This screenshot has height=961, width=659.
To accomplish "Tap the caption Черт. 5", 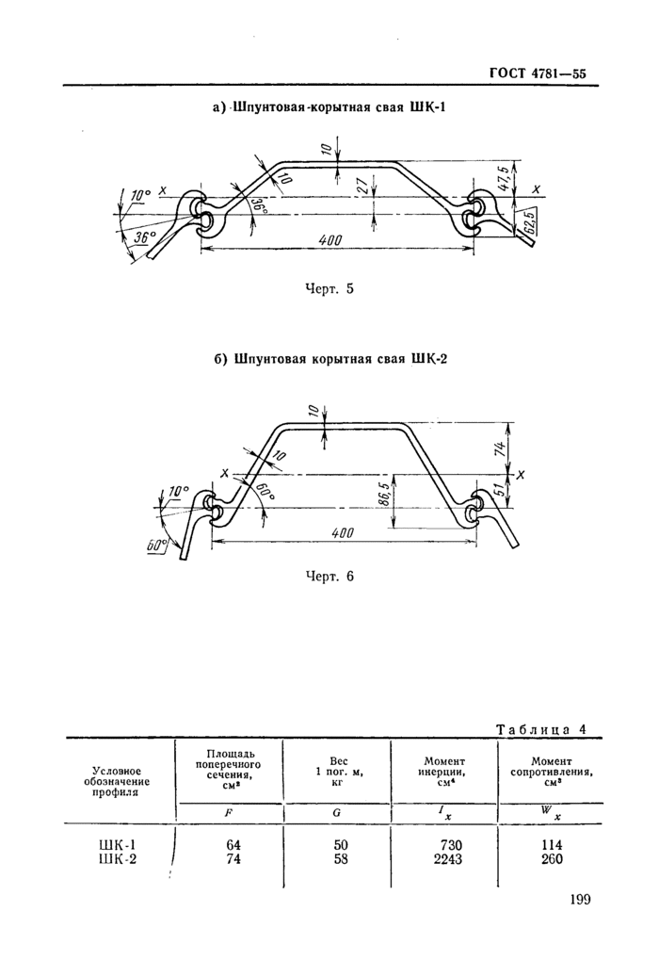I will tap(329, 289).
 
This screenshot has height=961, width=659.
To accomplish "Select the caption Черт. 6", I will tap(329, 577).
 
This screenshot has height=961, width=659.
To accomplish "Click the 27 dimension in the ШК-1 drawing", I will tap(363, 187).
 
